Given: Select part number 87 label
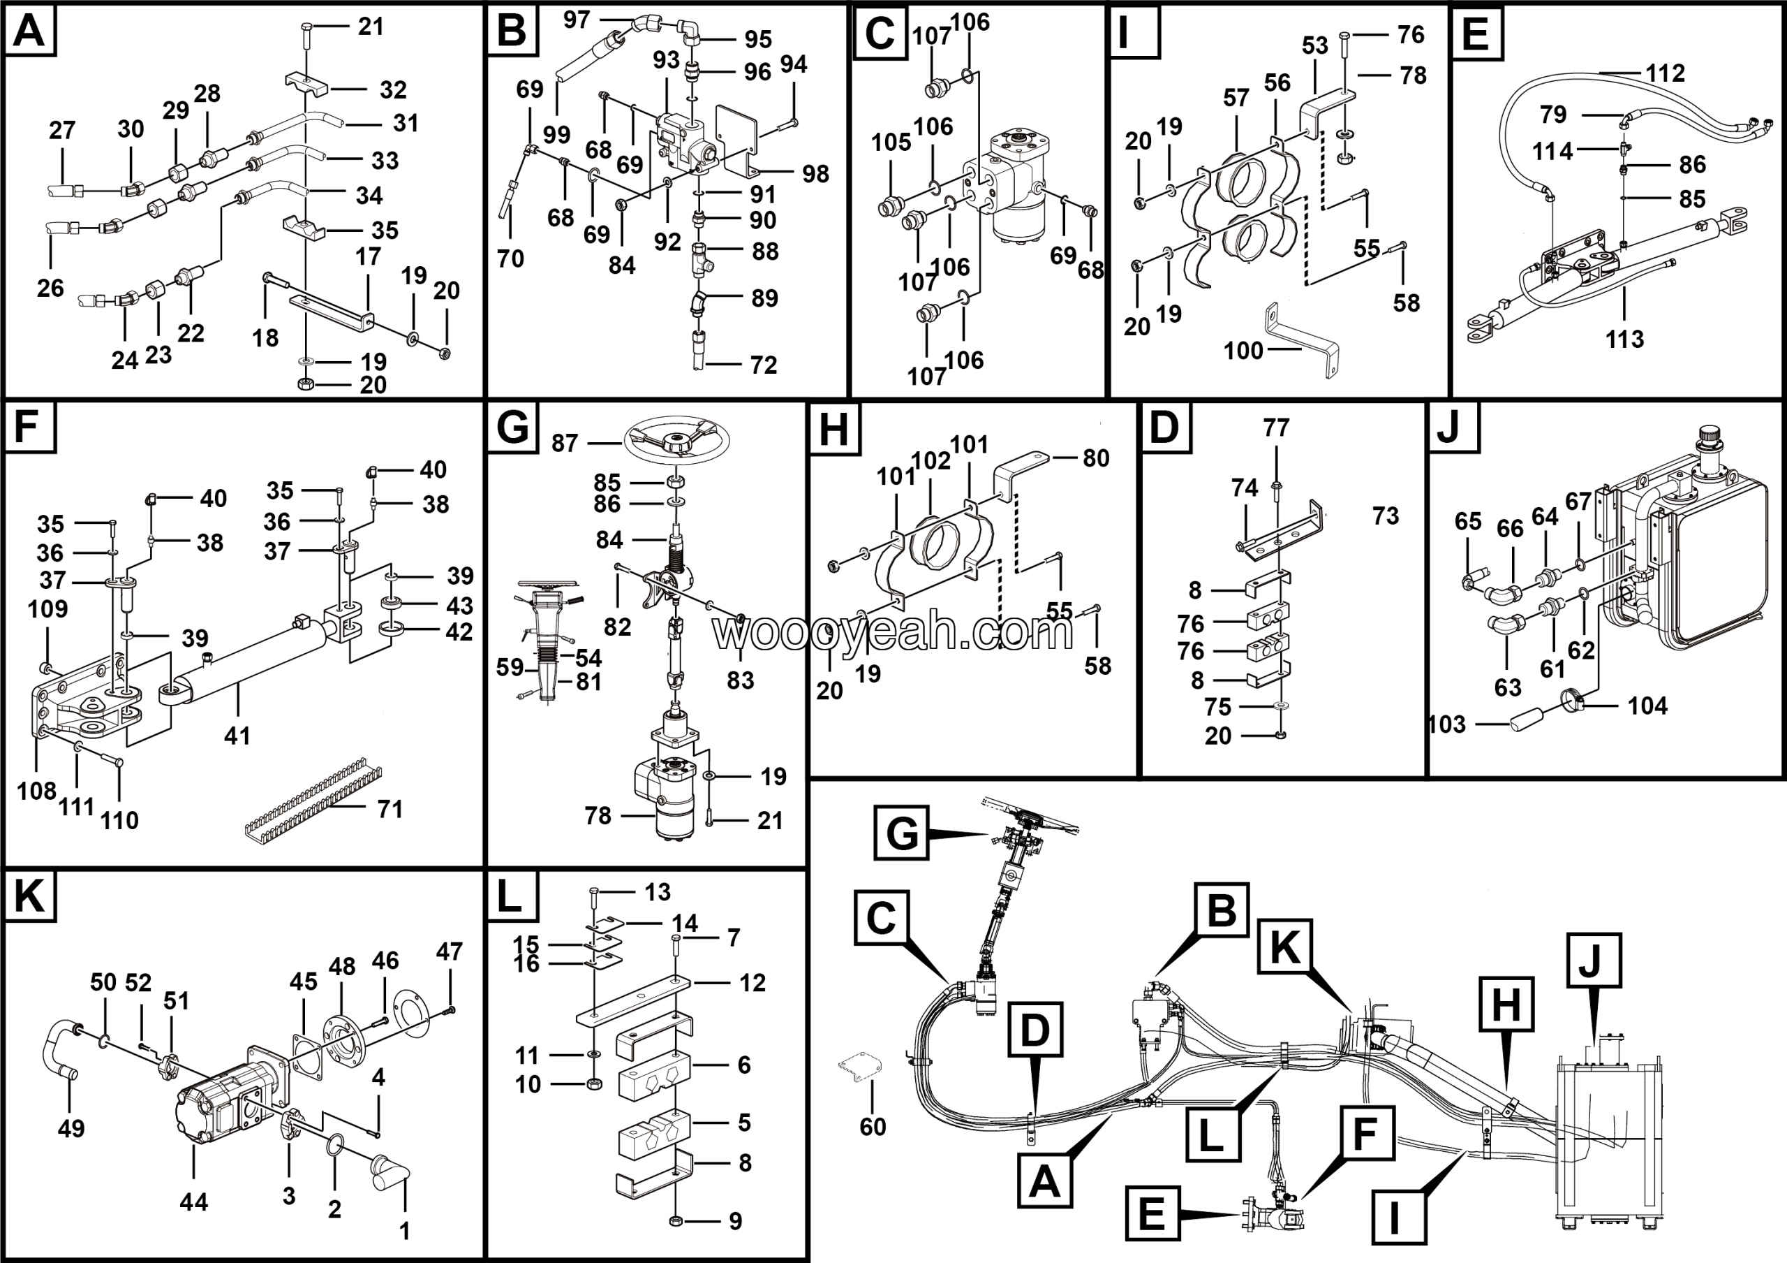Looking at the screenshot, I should click(x=565, y=444).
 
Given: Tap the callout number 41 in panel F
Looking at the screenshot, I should click(x=237, y=735).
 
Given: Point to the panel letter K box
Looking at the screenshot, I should click(x=29, y=897).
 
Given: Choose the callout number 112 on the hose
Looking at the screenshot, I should click(x=1665, y=73).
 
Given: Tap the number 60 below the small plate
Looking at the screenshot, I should click(x=873, y=1127).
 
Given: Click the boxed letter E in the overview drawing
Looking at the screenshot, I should click(x=1151, y=1213).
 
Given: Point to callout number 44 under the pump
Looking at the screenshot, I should click(x=194, y=1202).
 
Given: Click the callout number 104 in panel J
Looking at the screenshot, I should click(x=1647, y=706).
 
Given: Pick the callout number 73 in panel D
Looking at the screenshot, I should click(x=1386, y=516).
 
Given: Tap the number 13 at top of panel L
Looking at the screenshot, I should click(x=658, y=892).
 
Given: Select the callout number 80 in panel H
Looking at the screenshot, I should click(x=1096, y=459).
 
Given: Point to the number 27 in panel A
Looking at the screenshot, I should click(x=62, y=130).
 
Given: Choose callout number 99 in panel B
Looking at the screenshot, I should click(x=556, y=135).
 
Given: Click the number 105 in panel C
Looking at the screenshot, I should click(x=891, y=143).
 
